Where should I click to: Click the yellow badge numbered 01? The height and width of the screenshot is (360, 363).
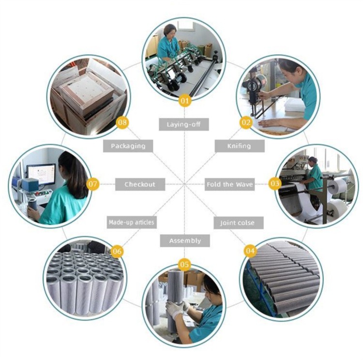coord(184,101)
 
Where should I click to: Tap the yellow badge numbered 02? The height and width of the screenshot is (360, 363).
coord(246,122)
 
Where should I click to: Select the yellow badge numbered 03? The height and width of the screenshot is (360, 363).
coord(275,184)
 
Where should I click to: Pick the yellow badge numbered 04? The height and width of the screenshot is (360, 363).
coord(250,250)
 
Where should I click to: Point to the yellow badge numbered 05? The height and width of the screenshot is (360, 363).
coord(184,264)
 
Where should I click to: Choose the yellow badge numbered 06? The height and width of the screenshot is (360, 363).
coord(117,251)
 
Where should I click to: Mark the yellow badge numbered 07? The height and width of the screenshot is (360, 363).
coord(92,184)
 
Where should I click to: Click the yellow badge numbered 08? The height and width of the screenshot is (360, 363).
coord(122,122)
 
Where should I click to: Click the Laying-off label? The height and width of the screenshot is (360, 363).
coord(184,125)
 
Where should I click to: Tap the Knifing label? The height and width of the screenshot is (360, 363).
coord(240,146)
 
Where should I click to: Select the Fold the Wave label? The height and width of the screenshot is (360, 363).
coord(229,184)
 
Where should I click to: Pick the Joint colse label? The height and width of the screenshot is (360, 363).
coord(239,223)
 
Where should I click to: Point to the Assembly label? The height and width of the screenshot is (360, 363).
coord(185,241)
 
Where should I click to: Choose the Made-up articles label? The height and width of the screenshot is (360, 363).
coord(132,222)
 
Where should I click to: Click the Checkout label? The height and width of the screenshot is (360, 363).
coord(140,184)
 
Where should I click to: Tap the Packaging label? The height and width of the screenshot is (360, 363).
coord(128,146)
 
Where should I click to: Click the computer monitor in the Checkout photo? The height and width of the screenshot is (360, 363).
coord(41,174)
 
